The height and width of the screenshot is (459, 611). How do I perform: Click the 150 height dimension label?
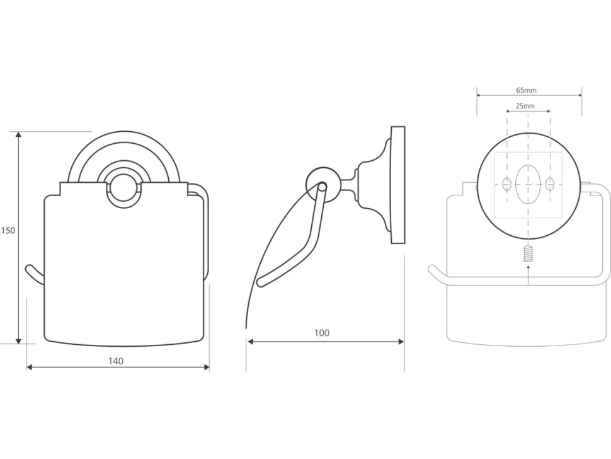tap(8, 231)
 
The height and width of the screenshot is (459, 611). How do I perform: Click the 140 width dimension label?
tap(116, 361)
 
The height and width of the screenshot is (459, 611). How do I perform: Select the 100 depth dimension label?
tap(322, 333)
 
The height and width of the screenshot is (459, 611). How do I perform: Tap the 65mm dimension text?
tap(526, 90)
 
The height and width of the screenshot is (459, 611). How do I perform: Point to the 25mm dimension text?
tap(525, 106)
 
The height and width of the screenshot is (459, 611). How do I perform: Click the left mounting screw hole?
tap(507, 183)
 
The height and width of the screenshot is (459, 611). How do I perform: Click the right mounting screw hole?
tap(550, 183)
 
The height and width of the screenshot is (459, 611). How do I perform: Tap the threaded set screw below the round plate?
tap(528, 254)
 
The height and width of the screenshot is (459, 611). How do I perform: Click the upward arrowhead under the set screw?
tap(528, 267)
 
